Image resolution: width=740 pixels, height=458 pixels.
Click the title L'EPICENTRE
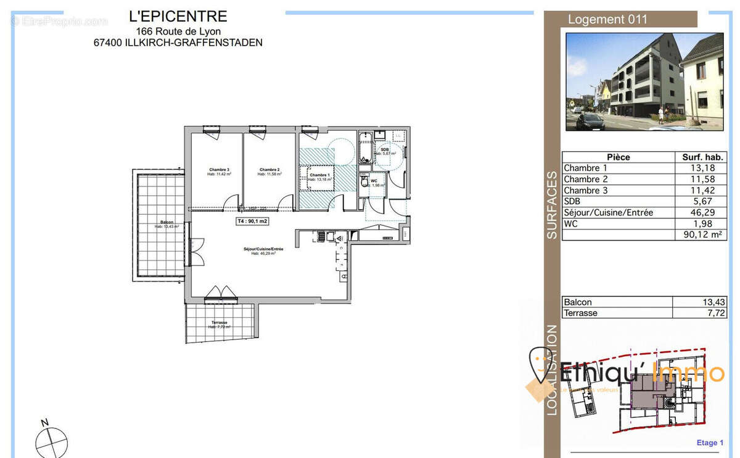coord(178,17)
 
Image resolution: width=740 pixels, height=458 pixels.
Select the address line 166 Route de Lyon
coord(178,31)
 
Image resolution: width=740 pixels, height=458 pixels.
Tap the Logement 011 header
coord(607,19)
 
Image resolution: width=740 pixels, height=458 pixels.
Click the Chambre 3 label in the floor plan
coord(219,170)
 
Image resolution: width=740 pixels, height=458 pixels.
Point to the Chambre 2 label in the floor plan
coord(269,170)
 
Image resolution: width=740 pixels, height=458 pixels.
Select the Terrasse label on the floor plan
coord(219,323)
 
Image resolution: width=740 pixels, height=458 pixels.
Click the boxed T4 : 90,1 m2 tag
coord(253,220)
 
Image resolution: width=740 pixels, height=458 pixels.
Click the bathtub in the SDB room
coord(365,148)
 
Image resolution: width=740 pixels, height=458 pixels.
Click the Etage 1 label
coord(710,443)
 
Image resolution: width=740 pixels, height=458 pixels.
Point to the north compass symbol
coord(51,441)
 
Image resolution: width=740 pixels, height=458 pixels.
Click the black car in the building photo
coord(590,120)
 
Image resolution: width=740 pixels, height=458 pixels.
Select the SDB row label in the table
coord(572,201)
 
